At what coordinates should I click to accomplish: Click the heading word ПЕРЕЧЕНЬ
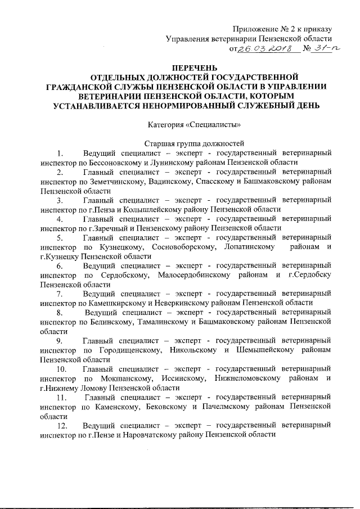click(x=179, y=68)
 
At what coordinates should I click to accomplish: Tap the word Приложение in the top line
click(x=255, y=29)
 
